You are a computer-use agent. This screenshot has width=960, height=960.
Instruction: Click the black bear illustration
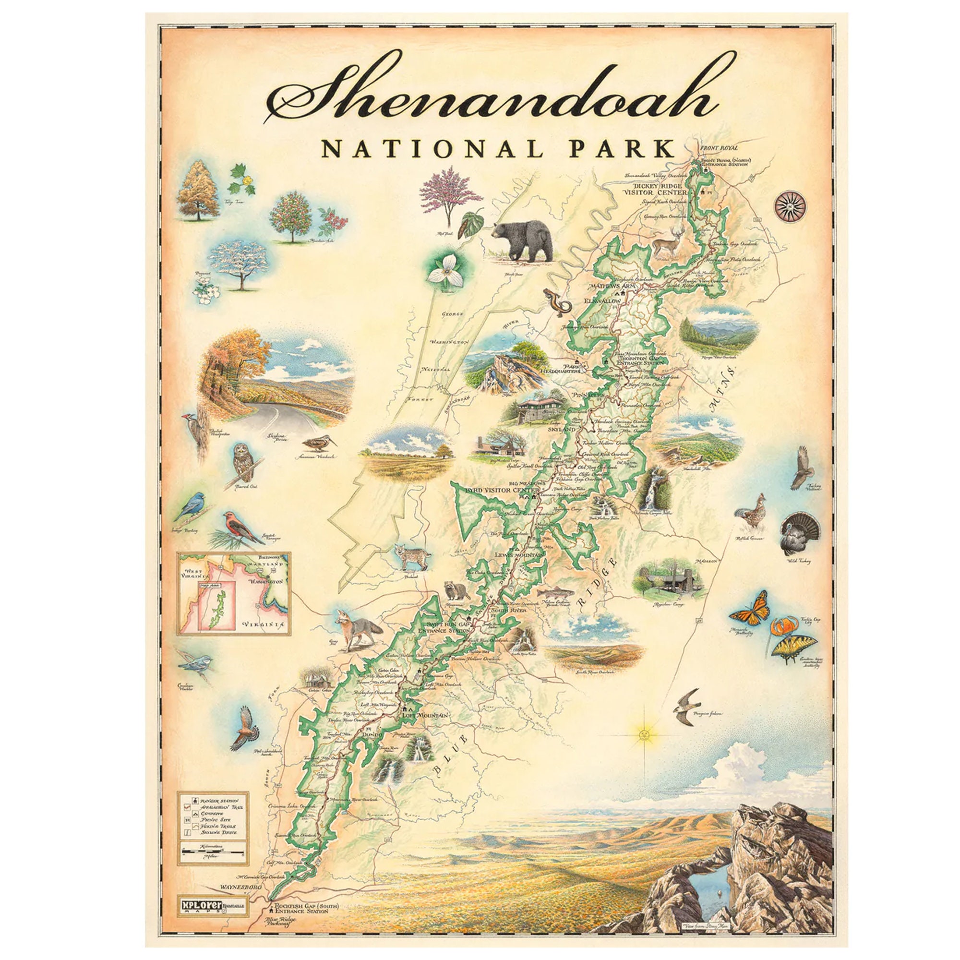tap(522, 243)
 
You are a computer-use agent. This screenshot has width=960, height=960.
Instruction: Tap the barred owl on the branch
tap(243, 459)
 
